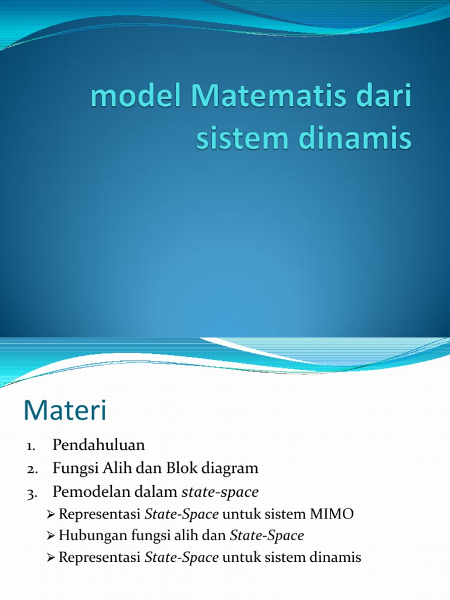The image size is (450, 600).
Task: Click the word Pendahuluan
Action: pos(98,445)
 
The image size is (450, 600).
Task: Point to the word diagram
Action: pos(231,469)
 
